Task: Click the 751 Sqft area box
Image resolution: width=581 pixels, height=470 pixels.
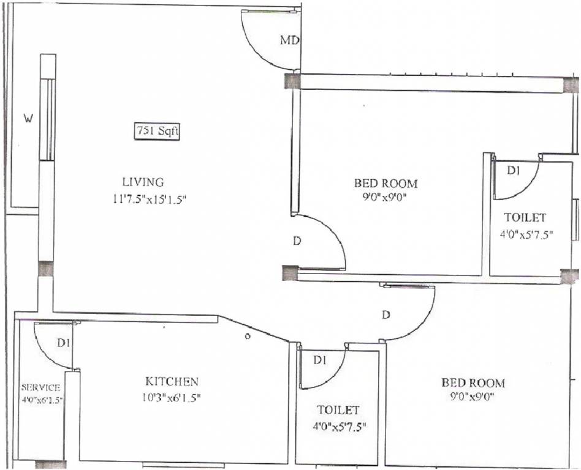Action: pos(157,132)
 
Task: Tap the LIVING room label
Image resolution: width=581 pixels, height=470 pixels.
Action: pos(143,182)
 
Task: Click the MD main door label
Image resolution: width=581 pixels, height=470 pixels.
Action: pos(289,41)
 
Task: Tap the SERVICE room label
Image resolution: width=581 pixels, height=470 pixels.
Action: pos(40,387)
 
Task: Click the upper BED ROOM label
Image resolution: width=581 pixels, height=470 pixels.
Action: pos(385,183)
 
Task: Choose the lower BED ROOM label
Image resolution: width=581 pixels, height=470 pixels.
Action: pos(473,383)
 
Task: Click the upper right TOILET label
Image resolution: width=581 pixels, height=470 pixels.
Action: pos(525,217)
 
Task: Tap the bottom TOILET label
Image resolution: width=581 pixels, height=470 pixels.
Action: pos(338,409)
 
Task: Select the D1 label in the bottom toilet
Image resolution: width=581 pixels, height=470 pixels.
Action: pos(319,360)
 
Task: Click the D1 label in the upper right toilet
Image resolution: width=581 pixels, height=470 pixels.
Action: pos(514,171)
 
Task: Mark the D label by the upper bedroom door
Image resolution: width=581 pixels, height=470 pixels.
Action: pos(297,241)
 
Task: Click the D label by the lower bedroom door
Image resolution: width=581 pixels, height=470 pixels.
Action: pos(386,315)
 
